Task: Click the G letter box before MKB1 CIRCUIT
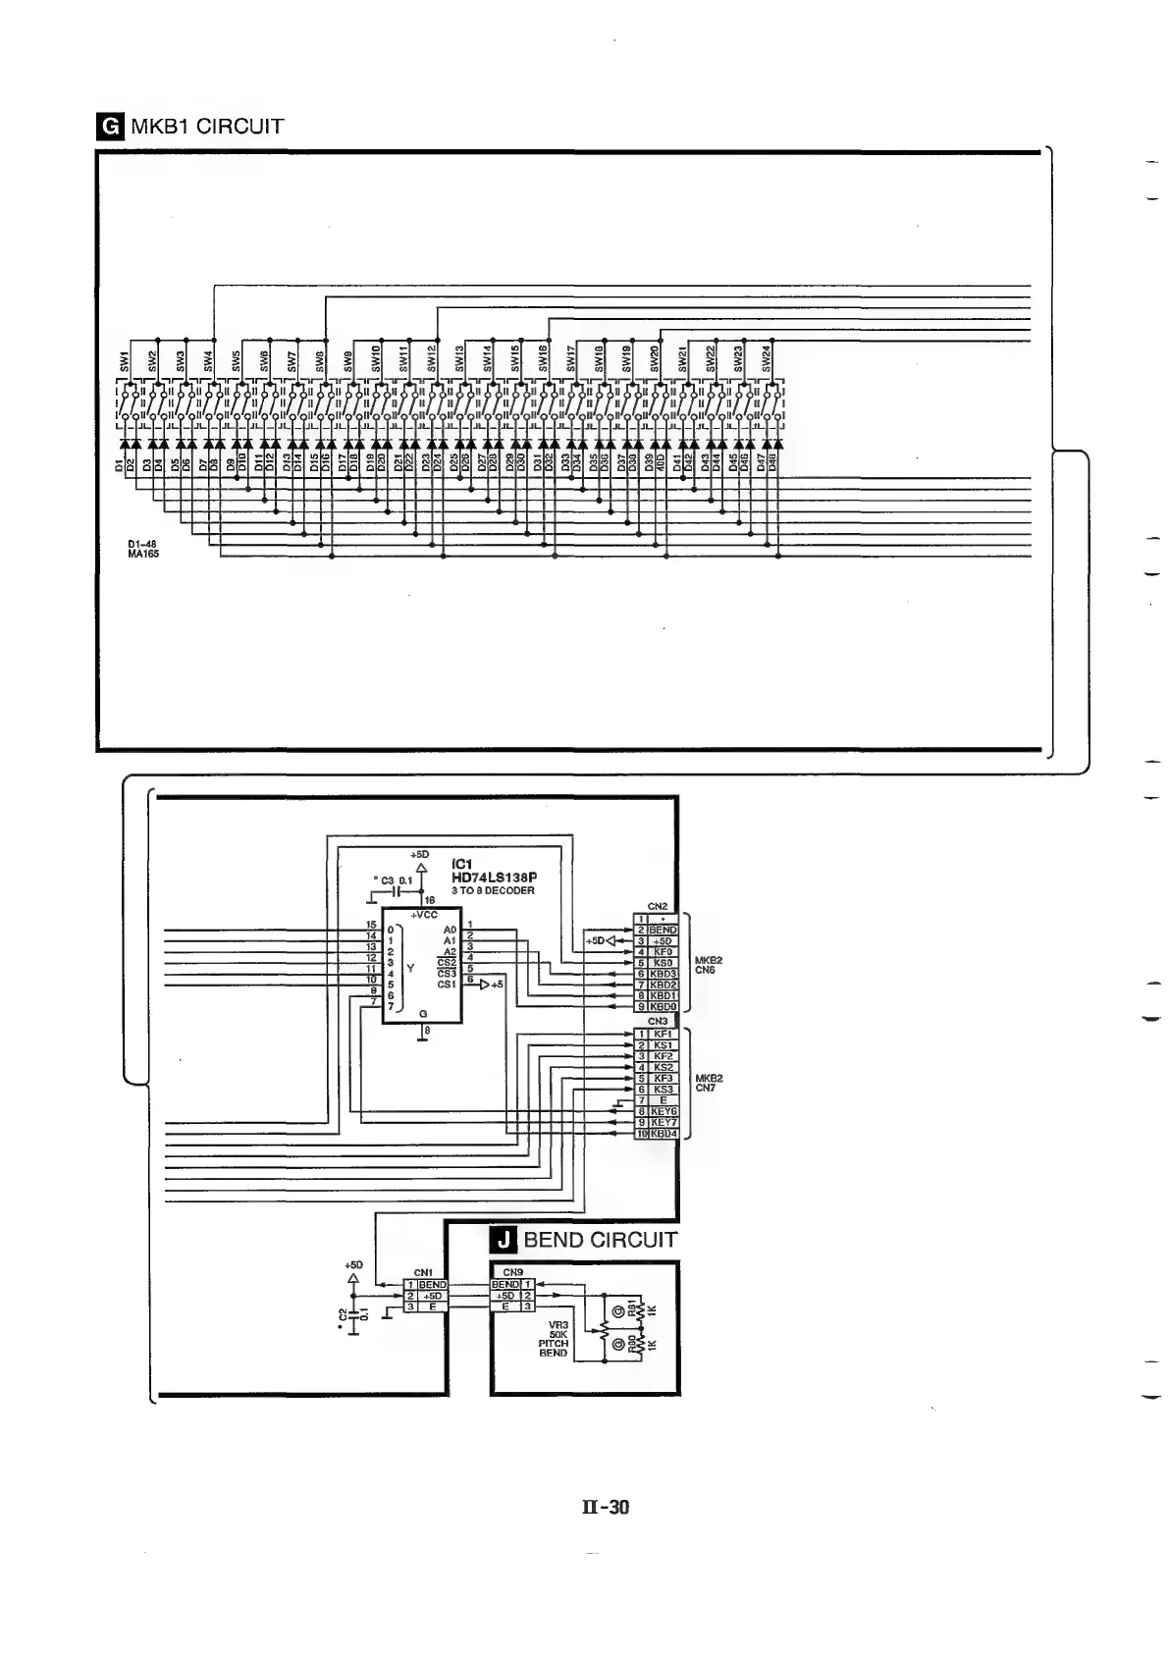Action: pyautogui.click(x=112, y=126)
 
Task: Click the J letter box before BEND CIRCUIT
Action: pyautogui.click(x=504, y=1240)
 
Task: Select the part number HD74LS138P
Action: pyautogui.click(x=495, y=877)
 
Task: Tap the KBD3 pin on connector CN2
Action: pyautogui.click(x=664, y=974)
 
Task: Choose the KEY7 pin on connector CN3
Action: pyautogui.click(x=664, y=1122)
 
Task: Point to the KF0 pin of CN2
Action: pyautogui.click(x=664, y=951)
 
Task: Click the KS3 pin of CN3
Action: pyautogui.click(x=664, y=1090)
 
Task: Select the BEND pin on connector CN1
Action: pyautogui.click(x=433, y=1284)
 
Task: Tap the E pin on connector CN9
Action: pyautogui.click(x=505, y=1306)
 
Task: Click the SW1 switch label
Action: pyautogui.click(x=125, y=360)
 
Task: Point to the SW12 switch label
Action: pyautogui.click(x=431, y=358)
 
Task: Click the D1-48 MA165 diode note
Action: pyautogui.click(x=143, y=549)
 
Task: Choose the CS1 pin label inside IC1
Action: pyautogui.click(x=447, y=984)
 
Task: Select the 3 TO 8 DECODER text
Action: pyautogui.click(x=493, y=890)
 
